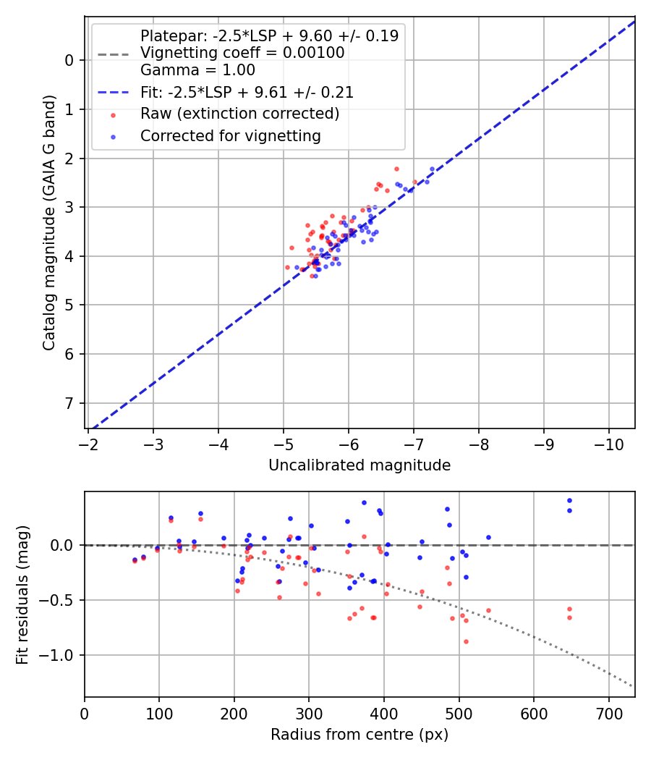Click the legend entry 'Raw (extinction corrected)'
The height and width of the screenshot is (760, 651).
coord(239,114)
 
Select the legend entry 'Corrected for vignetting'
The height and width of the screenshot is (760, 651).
coord(231,135)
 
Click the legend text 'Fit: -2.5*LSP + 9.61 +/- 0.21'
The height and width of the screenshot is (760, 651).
coord(247,93)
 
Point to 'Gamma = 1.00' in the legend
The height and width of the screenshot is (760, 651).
coord(197,70)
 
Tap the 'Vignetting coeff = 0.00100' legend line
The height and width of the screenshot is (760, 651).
coord(242,53)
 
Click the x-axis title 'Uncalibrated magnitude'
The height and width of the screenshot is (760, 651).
coord(359,465)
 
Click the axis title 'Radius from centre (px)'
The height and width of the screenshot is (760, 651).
coord(359,735)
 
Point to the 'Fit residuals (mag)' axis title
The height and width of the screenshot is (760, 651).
coord(22,594)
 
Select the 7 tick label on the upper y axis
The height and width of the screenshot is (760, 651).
coord(70,403)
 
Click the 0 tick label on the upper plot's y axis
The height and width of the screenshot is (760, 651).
coord(70,60)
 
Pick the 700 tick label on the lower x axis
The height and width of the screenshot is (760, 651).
coord(608,712)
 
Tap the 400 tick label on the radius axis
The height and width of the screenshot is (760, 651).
coord(384,712)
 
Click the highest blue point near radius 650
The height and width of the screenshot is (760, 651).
coord(569,500)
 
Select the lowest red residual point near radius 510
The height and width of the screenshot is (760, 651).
coord(466,641)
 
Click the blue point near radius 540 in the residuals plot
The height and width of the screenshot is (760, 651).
coord(488,537)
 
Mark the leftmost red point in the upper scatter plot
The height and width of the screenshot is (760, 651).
coord(287,267)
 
